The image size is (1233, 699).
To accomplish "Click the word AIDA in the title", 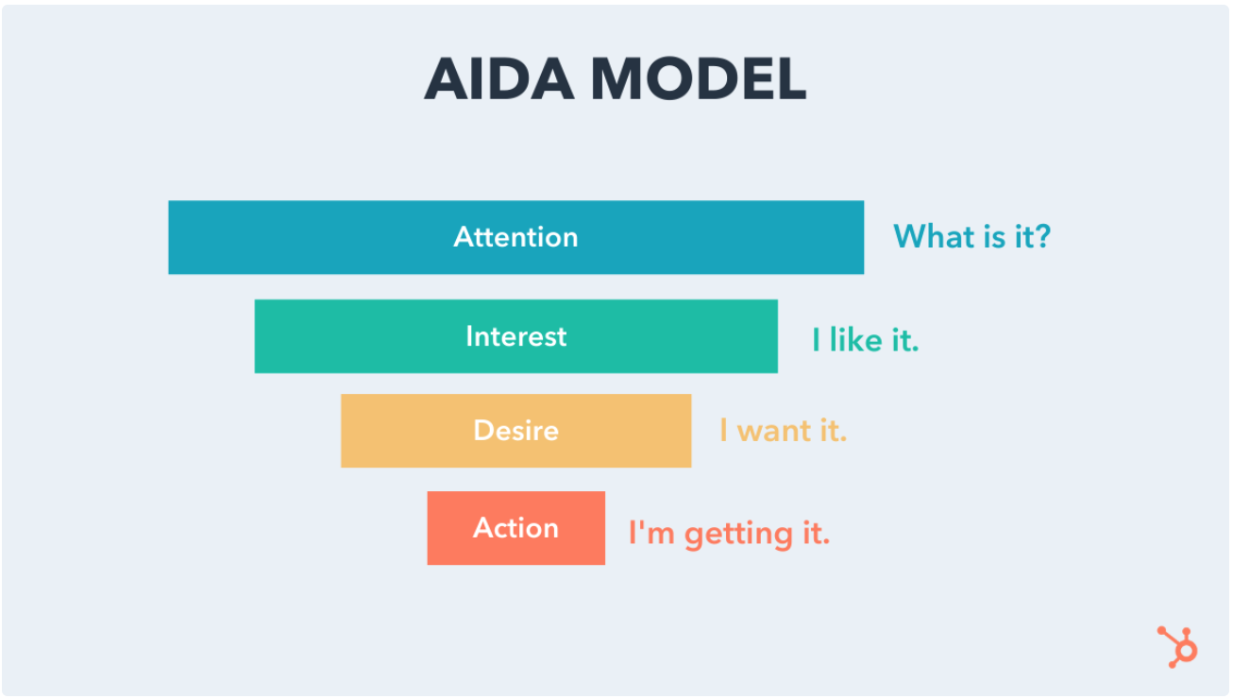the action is point(499,78).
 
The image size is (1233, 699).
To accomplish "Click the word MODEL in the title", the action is point(699,78).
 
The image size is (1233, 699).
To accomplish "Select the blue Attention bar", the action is point(516,237).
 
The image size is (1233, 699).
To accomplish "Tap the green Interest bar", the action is point(516,336).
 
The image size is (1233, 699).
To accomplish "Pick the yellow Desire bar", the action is point(516,431).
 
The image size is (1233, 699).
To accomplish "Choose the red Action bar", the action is point(516,528).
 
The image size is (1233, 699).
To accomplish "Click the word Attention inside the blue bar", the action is point(515,237).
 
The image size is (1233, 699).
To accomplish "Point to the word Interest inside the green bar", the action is point(516,336).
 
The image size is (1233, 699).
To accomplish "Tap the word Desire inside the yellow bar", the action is point(516,431).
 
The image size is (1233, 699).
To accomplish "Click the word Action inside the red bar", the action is point(516,528).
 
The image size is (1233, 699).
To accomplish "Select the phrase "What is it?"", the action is point(972,237).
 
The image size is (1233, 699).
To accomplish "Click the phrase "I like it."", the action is point(866,339).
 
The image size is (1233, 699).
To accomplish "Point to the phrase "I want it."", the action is point(784,430).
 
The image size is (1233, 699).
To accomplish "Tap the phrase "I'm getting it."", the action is point(730,534).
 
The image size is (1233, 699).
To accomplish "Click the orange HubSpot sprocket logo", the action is point(1178,647).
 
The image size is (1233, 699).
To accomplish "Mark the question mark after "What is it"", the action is point(1042,237).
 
